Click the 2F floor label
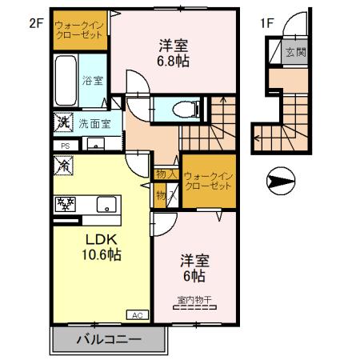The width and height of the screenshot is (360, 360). (x=34, y=22)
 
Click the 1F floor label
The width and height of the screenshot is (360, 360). (x=267, y=22)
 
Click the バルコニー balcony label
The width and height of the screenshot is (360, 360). (x=109, y=338)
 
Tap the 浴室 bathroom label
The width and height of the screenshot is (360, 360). (x=93, y=81)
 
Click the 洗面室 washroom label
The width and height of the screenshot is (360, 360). (x=94, y=124)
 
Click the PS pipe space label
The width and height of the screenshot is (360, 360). (x=63, y=145)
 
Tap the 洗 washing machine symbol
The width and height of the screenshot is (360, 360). (x=63, y=123)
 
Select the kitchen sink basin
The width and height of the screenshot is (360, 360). (x=106, y=204)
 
